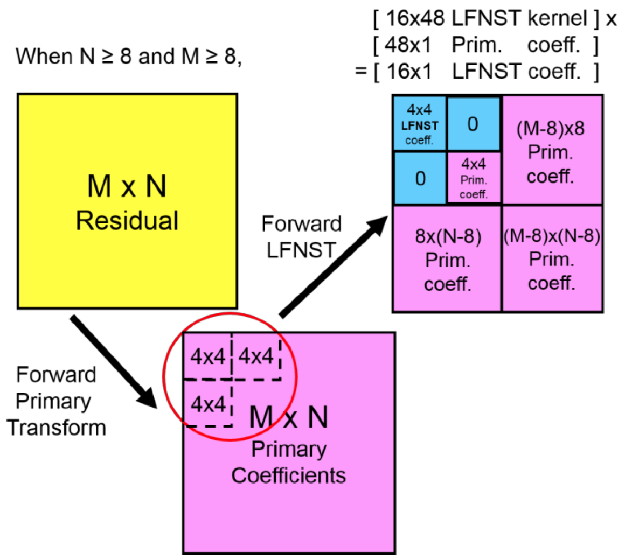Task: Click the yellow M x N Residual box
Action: coord(127,201)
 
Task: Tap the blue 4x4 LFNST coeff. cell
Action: coord(420,124)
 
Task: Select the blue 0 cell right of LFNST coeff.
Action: coord(473,124)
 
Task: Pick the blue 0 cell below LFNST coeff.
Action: coord(420,178)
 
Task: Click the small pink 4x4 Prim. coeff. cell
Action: coord(474,178)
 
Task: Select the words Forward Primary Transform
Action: coord(56,401)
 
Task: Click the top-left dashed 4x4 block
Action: coord(207,356)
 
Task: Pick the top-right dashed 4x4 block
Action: coord(256,356)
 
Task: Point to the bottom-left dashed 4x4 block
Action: coord(207,404)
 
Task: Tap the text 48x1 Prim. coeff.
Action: coord(485,46)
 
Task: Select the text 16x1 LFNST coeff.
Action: coord(485,72)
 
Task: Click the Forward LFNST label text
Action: coord(301,237)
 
